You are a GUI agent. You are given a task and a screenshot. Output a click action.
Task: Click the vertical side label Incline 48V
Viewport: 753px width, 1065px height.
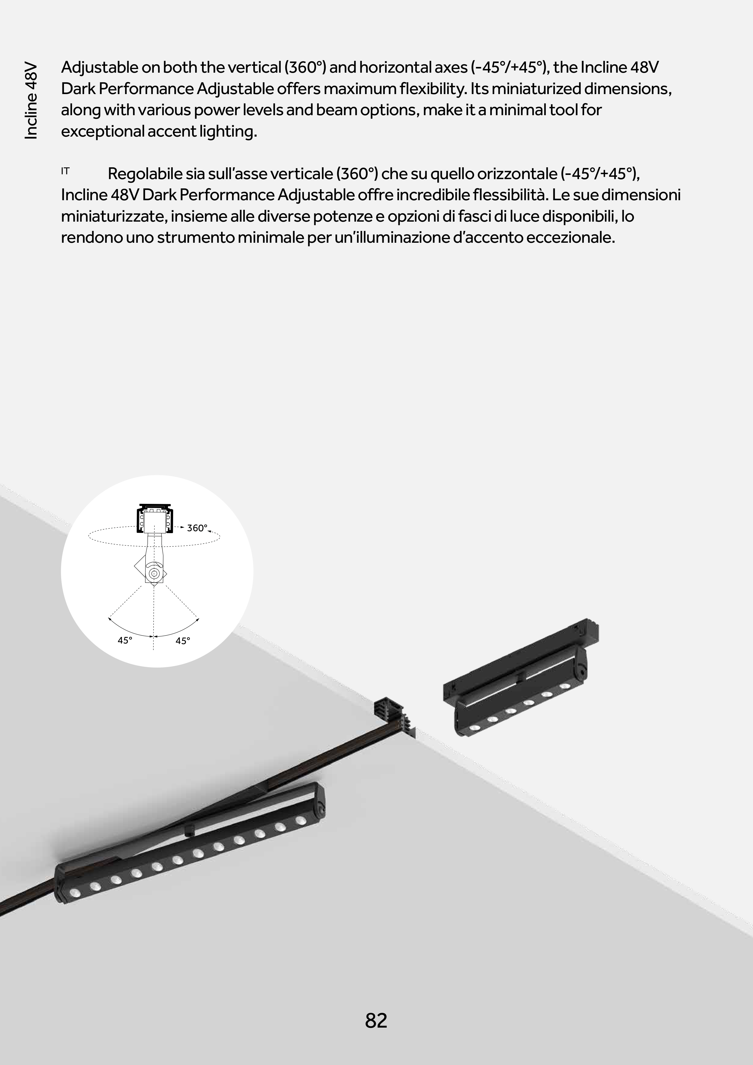coord(31,100)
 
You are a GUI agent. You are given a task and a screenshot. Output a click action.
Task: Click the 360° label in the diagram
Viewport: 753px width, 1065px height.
coord(197,528)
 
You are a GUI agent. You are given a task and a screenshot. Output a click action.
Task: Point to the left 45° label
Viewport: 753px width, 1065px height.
coord(125,640)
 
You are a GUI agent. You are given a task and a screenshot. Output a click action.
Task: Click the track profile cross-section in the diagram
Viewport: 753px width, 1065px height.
coord(154,519)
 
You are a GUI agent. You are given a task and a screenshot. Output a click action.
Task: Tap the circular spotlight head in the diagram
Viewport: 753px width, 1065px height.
coord(153,573)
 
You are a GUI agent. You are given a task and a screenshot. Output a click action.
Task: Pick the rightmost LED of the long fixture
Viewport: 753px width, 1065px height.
coord(301,821)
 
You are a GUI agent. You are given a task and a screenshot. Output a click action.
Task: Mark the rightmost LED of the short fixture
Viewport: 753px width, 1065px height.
coord(565,686)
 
